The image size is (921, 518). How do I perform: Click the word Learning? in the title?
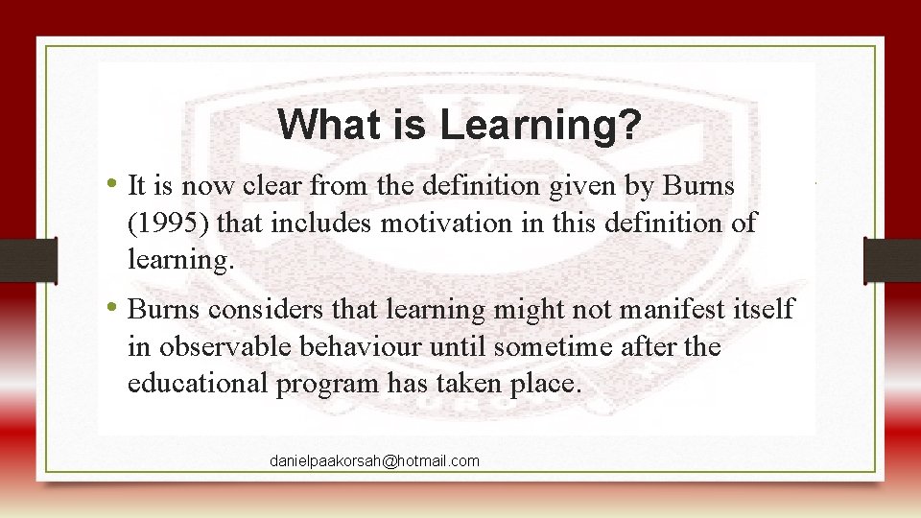point(540,125)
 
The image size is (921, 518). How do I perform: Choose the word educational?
point(198,384)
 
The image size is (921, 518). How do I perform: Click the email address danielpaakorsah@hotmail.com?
point(374,461)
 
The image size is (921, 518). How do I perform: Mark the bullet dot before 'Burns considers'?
point(114,308)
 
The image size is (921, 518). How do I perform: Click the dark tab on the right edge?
point(891,260)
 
